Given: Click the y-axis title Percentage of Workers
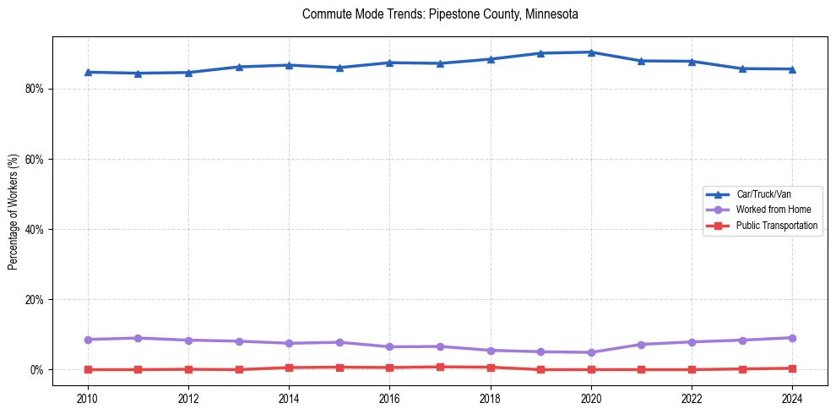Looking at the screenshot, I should pos(14,212).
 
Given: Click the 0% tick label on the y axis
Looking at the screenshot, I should pos(35,370).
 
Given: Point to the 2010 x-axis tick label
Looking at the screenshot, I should pos(88,399).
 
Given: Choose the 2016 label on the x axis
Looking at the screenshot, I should pos(389,399).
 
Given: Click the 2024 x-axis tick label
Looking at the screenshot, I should pos(792,399).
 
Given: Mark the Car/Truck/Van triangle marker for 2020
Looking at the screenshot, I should pos(591,52).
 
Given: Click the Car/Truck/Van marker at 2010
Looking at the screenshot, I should pos(88,72).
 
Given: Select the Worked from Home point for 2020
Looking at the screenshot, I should pos(591,352).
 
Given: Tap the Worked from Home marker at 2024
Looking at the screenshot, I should pos(792,338).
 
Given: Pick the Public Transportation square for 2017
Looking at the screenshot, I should pos(440,367).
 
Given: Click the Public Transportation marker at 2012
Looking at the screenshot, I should pos(188,369).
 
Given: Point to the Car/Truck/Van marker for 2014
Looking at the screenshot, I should pos(289,65).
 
